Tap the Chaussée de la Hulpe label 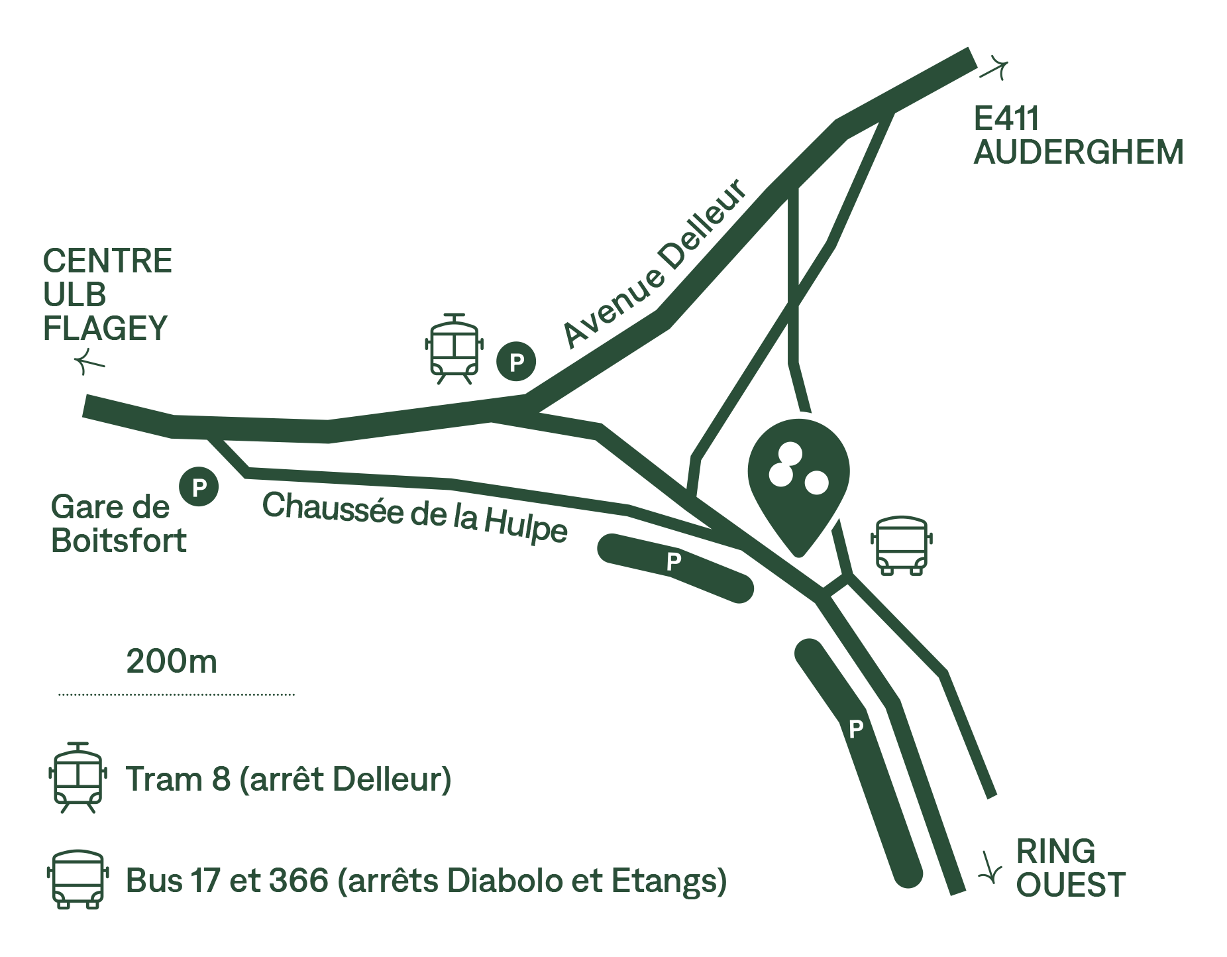tap(415, 518)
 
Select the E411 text tap(1006, 119)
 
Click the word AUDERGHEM tap(1078, 152)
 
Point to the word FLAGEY tap(105, 328)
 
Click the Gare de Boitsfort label tap(118, 524)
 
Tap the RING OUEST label tap(1070, 868)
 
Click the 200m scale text tap(171, 661)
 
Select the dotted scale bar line tap(176, 695)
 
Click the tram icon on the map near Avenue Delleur tap(454, 349)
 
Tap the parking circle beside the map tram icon tap(517, 362)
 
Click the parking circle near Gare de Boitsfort tap(199, 488)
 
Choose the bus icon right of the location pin tap(900, 545)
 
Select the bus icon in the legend tap(76, 879)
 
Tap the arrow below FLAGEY tap(89, 361)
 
